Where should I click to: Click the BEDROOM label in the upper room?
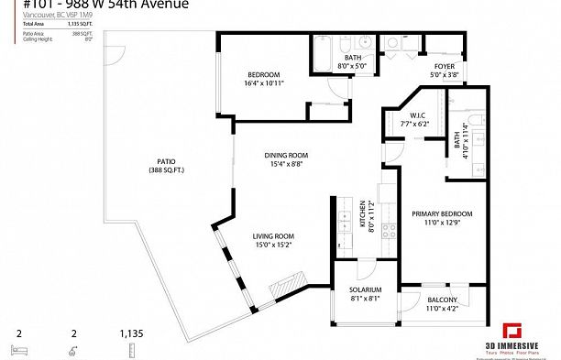pos(263,74)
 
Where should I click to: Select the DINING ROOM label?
pos(284,155)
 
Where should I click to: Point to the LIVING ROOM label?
pos(272,235)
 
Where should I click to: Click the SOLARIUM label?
pos(365,289)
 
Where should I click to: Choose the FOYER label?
pos(445,66)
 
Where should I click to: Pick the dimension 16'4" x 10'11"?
pos(263,83)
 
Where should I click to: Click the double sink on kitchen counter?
pos(346,223)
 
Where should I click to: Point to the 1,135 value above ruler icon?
pos(132,334)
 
